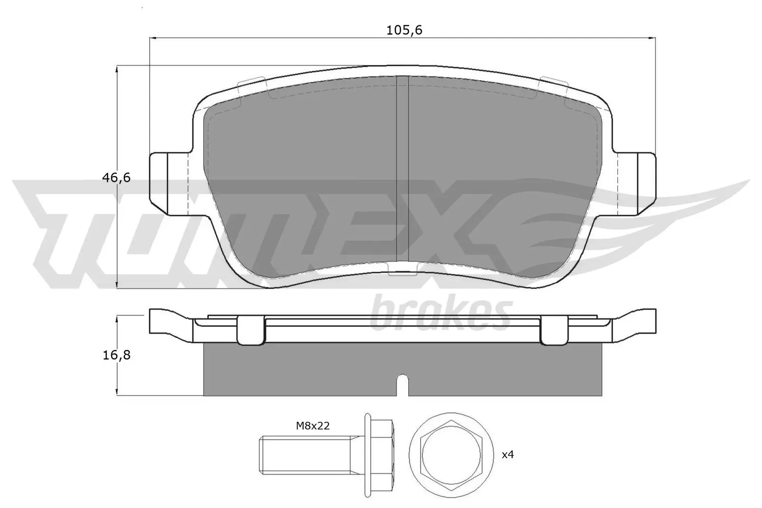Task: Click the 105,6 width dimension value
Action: click(404, 30)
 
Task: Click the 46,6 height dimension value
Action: click(116, 178)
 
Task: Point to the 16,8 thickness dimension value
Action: click(116, 355)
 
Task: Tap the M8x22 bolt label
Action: click(313, 426)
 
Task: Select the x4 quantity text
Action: click(508, 454)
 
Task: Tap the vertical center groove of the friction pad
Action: click(403, 171)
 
